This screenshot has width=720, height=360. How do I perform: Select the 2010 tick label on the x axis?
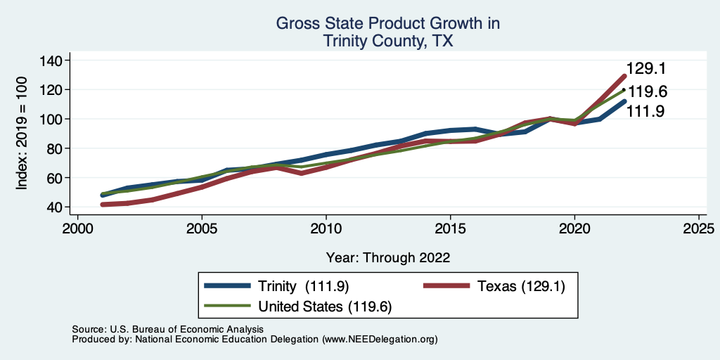(326, 229)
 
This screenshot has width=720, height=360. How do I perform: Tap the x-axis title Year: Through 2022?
(388, 257)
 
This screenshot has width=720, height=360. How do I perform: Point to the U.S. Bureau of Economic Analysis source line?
(167, 329)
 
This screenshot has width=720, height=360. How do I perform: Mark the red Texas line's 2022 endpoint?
(624, 76)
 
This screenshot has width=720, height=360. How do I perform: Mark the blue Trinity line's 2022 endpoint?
(624, 101)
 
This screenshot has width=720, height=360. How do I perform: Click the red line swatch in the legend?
(446, 285)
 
